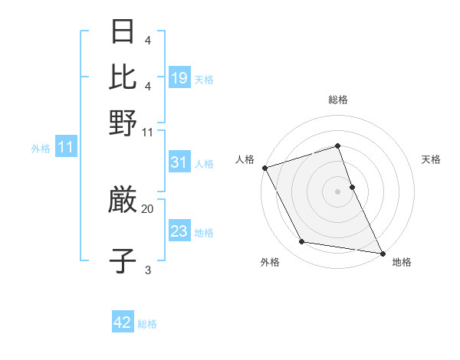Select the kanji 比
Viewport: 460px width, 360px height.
[123, 77]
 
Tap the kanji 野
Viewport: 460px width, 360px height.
[123, 123]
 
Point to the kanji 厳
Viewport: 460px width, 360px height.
[123, 201]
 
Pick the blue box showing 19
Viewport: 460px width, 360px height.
[179, 79]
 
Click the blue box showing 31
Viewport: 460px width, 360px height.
[179, 162]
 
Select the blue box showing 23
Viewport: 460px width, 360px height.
[179, 232]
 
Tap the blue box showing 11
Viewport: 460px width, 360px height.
[65, 148]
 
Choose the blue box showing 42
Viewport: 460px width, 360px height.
[123, 322]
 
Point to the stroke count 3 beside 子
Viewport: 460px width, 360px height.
[147, 270]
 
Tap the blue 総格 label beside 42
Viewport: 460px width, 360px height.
[147, 324]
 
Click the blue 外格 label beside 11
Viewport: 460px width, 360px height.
[41, 149]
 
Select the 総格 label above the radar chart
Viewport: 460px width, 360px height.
[338, 100]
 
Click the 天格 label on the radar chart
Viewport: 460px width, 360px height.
[432, 159]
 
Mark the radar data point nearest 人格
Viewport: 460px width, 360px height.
[264, 168]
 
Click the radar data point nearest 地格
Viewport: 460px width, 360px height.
[382, 253]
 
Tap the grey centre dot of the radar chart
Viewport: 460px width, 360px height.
[338, 191]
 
